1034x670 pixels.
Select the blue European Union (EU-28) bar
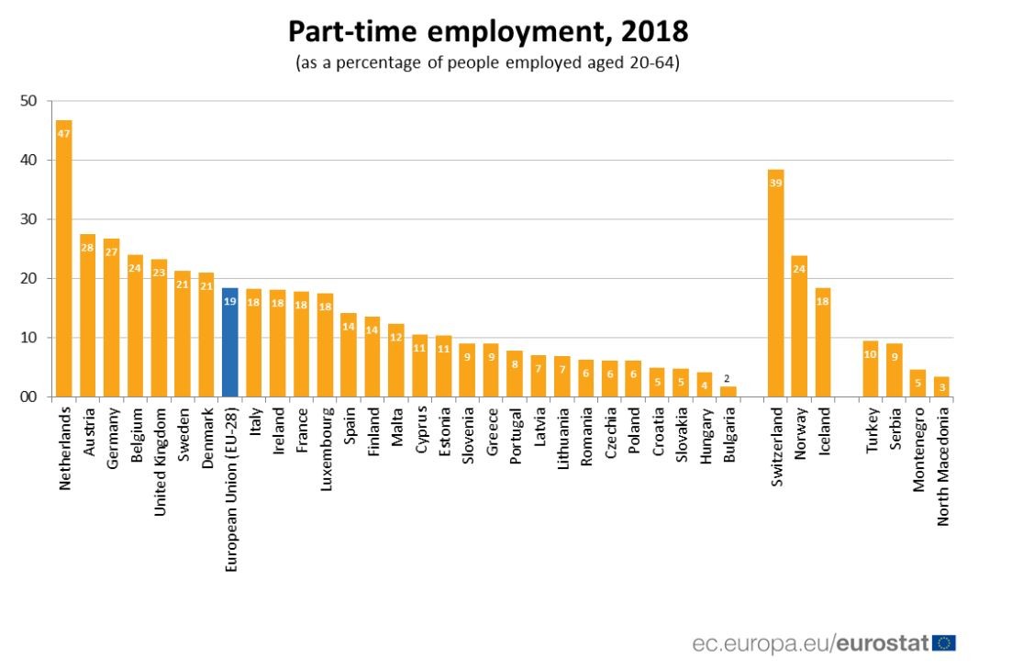coord(230,344)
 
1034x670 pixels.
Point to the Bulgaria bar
coord(728,392)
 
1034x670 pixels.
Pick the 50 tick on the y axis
coord(30,101)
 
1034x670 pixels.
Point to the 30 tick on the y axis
coord(30,219)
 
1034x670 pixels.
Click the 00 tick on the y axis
coord(30,397)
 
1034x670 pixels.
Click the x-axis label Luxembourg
coord(326,444)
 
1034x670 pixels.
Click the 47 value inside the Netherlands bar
coord(64,134)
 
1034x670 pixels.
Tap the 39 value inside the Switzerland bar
coord(775,184)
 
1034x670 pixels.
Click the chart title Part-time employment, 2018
coord(488,33)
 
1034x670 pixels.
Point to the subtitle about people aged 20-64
coord(488,64)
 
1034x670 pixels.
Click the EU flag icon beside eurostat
coord(943,643)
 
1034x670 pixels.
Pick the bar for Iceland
coord(823,343)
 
